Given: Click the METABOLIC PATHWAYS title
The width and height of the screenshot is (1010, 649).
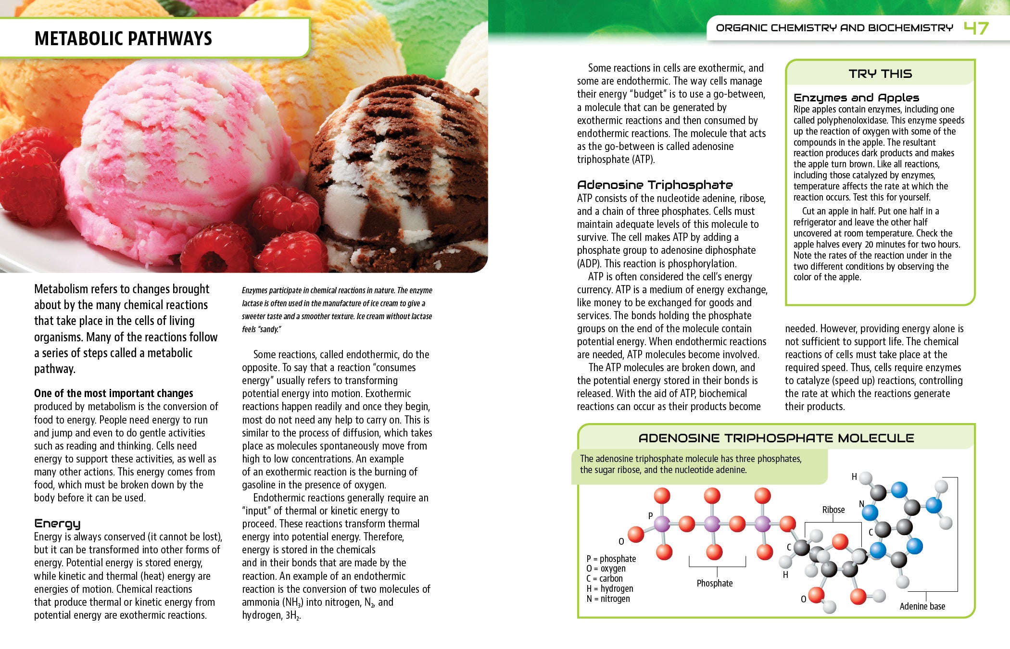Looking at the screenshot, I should (x=123, y=38).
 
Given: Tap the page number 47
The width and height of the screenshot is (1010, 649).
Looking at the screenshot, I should (x=976, y=28).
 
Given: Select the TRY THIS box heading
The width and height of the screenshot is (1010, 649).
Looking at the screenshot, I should (x=880, y=74).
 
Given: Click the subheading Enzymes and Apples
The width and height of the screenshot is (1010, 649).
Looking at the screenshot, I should (x=856, y=98).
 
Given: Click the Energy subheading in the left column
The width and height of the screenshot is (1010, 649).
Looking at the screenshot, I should (x=57, y=524).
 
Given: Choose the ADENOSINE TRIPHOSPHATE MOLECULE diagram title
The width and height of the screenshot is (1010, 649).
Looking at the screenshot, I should (x=776, y=438).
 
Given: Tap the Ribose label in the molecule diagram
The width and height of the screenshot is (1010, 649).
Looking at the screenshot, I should (x=833, y=510).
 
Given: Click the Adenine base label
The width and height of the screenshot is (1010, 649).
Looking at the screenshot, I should (x=922, y=606).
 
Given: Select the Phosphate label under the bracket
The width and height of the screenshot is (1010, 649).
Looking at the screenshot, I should (x=715, y=583).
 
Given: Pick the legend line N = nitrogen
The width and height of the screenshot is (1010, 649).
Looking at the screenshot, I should (x=608, y=599).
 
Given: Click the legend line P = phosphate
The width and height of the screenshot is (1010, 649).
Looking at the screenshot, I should (x=611, y=559).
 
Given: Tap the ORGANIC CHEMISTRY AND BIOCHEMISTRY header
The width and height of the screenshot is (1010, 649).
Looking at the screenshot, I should (x=834, y=28).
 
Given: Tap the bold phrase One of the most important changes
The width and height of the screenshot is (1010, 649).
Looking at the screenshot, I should (x=114, y=393).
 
